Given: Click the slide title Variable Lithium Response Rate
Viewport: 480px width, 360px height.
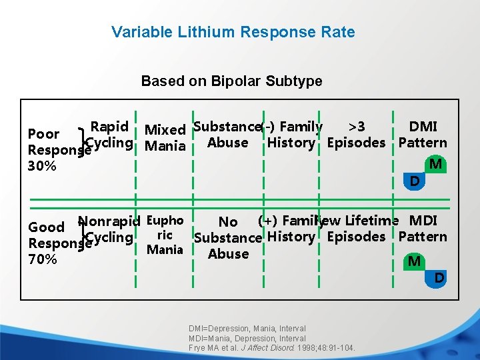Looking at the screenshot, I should tap(233, 32).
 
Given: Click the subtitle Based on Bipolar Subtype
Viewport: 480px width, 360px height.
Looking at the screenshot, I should tap(231, 81).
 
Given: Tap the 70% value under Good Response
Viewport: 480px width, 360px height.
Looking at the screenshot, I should tap(42, 259).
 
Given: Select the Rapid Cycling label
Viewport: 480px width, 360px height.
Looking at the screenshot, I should tap(109, 135).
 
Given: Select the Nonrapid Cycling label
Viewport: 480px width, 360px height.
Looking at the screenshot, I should tap(109, 229).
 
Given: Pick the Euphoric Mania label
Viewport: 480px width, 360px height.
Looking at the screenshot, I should tap(165, 235).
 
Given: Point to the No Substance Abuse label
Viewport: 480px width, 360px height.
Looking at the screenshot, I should tap(228, 238).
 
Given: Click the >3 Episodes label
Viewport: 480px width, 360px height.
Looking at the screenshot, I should tap(356, 135).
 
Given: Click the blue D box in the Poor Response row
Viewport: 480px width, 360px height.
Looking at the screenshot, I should tap(415, 181).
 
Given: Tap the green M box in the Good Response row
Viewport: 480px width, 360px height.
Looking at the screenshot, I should tap(414, 261).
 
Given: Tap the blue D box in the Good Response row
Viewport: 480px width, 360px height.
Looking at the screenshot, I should tap(439, 277).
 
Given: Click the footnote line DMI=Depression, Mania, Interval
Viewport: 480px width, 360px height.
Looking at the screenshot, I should tap(247, 329).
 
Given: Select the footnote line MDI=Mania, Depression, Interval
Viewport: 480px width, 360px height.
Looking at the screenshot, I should tap(247, 339).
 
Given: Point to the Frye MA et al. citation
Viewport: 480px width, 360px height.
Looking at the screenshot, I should tap(272, 348).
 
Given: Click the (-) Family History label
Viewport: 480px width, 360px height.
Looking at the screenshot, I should tap(292, 135).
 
